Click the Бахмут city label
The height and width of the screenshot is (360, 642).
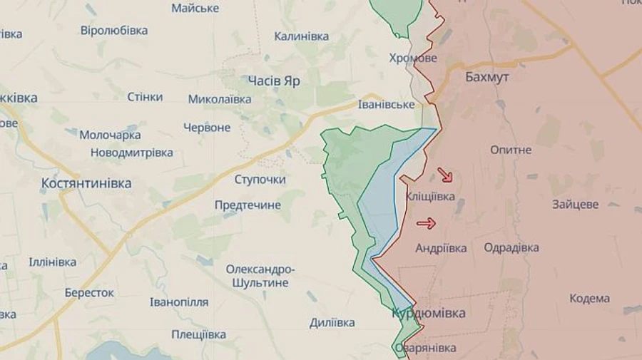pyautogui.click(x=486, y=78)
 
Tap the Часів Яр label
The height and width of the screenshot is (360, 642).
pyautogui.click(x=273, y=81)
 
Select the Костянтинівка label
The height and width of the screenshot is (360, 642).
pyautogui.click(x=86, y=183)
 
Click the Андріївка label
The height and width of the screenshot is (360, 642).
pyautogui.click(x=441, y=248)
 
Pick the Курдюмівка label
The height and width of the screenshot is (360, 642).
pyautogui.click(x=428, y=313)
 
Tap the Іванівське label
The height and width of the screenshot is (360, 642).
pyautogui.click(x=386, y=105)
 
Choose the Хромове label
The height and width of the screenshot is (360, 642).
pyautogui.click(x=413, y=58)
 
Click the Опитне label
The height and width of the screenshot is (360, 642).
pyautogui.click(x=511, y=150)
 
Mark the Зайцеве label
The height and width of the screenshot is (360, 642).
pyautogui.click(x=575, y=205)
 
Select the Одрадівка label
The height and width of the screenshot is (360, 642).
pyautogui.click(x=511, y=248)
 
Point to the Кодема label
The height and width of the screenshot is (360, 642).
pyautogui.click(x=589, y=299)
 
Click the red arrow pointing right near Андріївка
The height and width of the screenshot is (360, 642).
pyautogui.click(x=426, y=224)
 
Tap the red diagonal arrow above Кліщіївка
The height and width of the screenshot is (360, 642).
pyautogui.click(x=444, y=175)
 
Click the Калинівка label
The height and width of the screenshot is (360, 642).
pyautogui.click(x=301, y=36)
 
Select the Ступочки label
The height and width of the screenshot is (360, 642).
pyautogui.click(x=260, y=179)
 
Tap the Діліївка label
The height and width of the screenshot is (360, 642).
pyautogui.click(x=332, y=323)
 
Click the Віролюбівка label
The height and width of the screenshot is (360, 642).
pyautogui.click(x=114, y=31)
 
